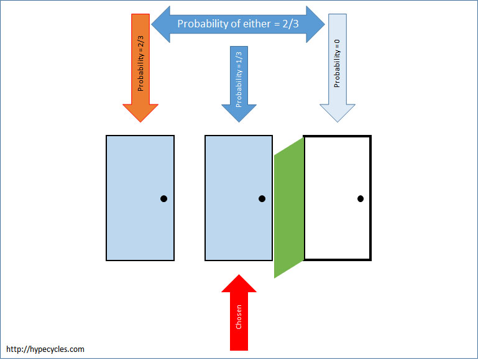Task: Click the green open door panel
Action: tap(289, 208)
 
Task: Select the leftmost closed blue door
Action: tap(140, 198)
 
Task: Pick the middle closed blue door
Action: tap(239, 198)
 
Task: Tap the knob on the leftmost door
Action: tap(163, 199)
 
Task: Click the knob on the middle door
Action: tap(262, 199)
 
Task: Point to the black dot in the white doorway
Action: tap(360, 199)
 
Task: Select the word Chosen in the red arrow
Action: tap(239, 318)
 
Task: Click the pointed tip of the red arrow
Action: tap(239, 275)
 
